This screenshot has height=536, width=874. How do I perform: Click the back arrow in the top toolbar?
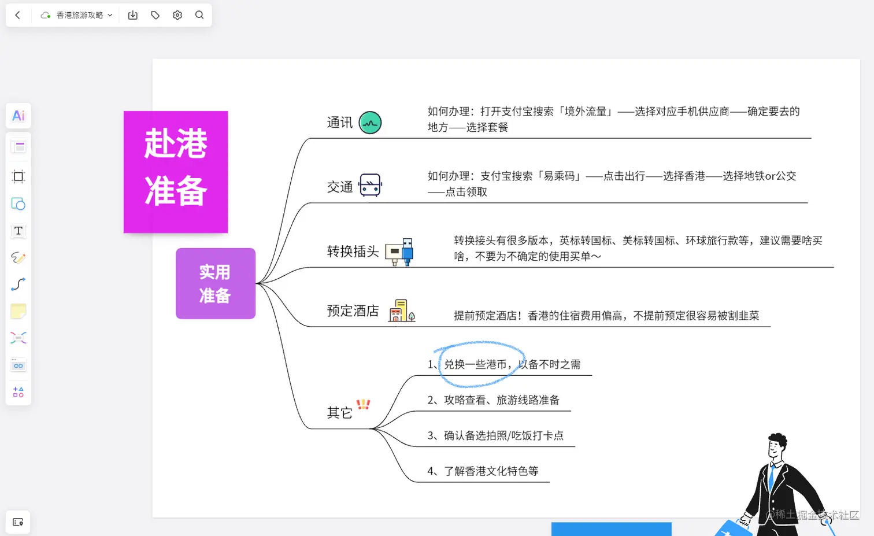click(17, 15)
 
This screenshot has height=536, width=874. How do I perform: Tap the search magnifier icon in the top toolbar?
click(199, 15)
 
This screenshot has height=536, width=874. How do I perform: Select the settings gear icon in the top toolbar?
click(177, 15)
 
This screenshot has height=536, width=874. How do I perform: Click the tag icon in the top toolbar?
click(155, 15)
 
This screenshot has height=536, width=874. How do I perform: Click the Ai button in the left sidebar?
click(18, 116)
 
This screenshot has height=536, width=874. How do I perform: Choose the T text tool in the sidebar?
click(18, 231)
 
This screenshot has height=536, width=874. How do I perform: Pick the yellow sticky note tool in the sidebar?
click(18, 311)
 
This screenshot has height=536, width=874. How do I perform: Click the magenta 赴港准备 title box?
click(176, 172)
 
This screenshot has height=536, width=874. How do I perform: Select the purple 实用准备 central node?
click(215, 283)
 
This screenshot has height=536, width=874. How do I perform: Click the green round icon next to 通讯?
click(370, 123)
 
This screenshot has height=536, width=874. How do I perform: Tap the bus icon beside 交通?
click(370, 186)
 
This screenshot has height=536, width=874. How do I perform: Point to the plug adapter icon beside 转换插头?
click(399, 252)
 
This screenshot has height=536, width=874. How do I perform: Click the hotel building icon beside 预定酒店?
click(401, 310)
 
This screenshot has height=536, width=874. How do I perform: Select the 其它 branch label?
click(340, 412)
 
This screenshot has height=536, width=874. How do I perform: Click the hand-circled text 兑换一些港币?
click(477, 364)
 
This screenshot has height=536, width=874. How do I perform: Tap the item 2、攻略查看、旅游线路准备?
click(493, 400)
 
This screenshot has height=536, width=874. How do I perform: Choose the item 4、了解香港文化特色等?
click(483, 471)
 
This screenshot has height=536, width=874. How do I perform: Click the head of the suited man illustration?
click(777, 445)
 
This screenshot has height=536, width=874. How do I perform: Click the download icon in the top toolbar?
click(133, 15)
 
